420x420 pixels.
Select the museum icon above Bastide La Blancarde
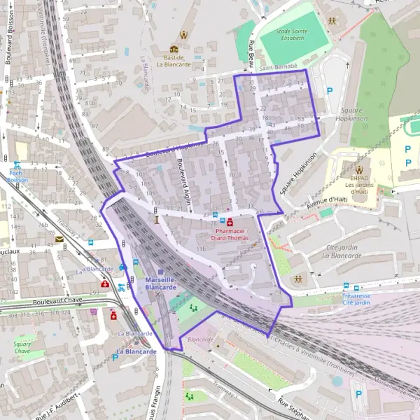(x=174, y=49)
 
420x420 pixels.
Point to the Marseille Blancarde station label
(x=161, y=283)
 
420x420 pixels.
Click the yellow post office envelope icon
(x=59, y=239)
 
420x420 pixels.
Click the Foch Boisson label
(x=16, y=176)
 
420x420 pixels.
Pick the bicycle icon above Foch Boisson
(x=16, y=165)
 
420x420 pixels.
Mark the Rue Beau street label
(x=251, y=54)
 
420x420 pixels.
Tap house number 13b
(x=201, y=249)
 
